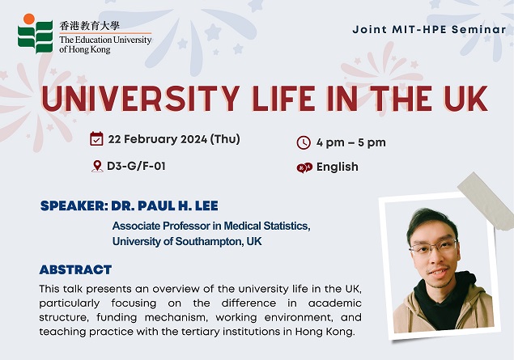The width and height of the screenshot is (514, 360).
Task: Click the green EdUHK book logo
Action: click(x=36, y=37)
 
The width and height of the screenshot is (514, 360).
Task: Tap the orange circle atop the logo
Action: click(x=29, y=19)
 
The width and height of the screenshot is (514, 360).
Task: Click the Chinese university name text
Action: click(x=90, y=26)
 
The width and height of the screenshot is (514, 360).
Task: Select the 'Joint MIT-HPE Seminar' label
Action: click(x=429, y=29)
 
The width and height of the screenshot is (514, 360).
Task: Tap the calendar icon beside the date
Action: click(x=96, y=138)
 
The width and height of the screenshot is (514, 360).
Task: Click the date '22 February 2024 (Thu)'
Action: click(x=174, y=139)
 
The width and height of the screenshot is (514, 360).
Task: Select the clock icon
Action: click(x=304, y=143)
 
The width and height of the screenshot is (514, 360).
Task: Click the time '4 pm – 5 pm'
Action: click(x=351, y=143)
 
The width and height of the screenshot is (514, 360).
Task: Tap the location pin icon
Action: click(x=96, y=166)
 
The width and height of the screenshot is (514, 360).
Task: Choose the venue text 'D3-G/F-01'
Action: click(x=136, y=166)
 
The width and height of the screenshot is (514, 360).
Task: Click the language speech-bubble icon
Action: click(x=304, y=167)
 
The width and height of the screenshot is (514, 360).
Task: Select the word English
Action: click(x=338, y=167)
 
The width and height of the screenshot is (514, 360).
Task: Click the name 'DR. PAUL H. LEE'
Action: click(x=164, y=205)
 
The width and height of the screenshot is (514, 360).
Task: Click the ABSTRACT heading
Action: click(x=75, y=269)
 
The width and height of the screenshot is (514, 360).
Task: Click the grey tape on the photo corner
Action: click(x=486, y=201)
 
